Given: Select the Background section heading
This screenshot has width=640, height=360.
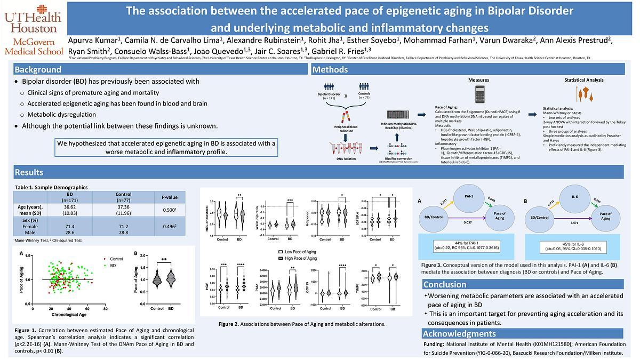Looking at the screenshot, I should coord(38,69).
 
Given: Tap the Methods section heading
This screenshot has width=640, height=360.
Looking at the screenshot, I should coord(330,69).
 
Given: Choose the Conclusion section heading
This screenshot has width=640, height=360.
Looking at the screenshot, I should coord(445,284).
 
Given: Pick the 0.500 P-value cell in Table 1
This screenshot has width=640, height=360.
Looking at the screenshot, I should coord(169,210).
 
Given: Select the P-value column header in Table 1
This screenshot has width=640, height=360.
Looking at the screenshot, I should coord(169,197).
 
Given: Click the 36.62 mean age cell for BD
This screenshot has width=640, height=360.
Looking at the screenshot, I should coord(70,210).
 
